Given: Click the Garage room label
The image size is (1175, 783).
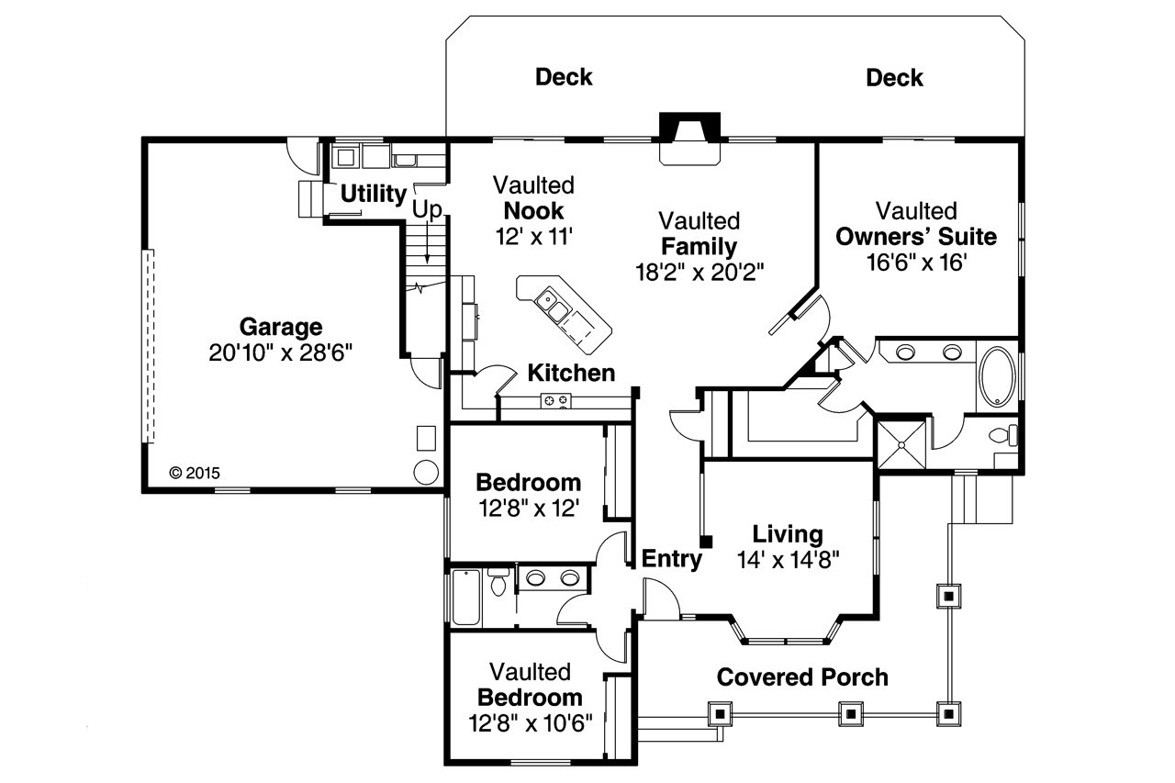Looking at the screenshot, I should (x=280, y=327).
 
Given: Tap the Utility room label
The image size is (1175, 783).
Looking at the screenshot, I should (x=374, y=195).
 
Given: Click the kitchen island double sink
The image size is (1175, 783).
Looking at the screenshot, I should (x=554, y=305).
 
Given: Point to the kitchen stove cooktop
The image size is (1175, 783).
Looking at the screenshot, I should (x=555, y=399).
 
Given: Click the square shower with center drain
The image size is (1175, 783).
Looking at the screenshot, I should (x=901, y=444).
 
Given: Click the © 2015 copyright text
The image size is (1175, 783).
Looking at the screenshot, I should (x=195, y=474).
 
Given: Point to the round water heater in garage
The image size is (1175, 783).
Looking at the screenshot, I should (x=426, y=472).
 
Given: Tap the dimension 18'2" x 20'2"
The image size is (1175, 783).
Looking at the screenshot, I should (x=699, y=272).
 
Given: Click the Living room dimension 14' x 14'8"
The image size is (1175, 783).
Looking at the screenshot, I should (x=788, y=558).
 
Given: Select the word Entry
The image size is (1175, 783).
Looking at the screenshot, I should (x=671, y=558).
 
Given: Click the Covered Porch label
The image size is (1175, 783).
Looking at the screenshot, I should (x=802, y=677).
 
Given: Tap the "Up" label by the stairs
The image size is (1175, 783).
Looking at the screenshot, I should (x=426, y=210).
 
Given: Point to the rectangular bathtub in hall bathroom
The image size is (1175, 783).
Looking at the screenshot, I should (x=465, y=597).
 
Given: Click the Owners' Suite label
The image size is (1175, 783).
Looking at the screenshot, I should (x=915, y=237).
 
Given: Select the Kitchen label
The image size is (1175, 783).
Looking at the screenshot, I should (x=571, y=373).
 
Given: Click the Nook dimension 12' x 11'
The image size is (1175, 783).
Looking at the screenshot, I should (x=533, y=236).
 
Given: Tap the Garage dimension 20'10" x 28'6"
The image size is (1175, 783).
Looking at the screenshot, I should (x=280, y=352).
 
